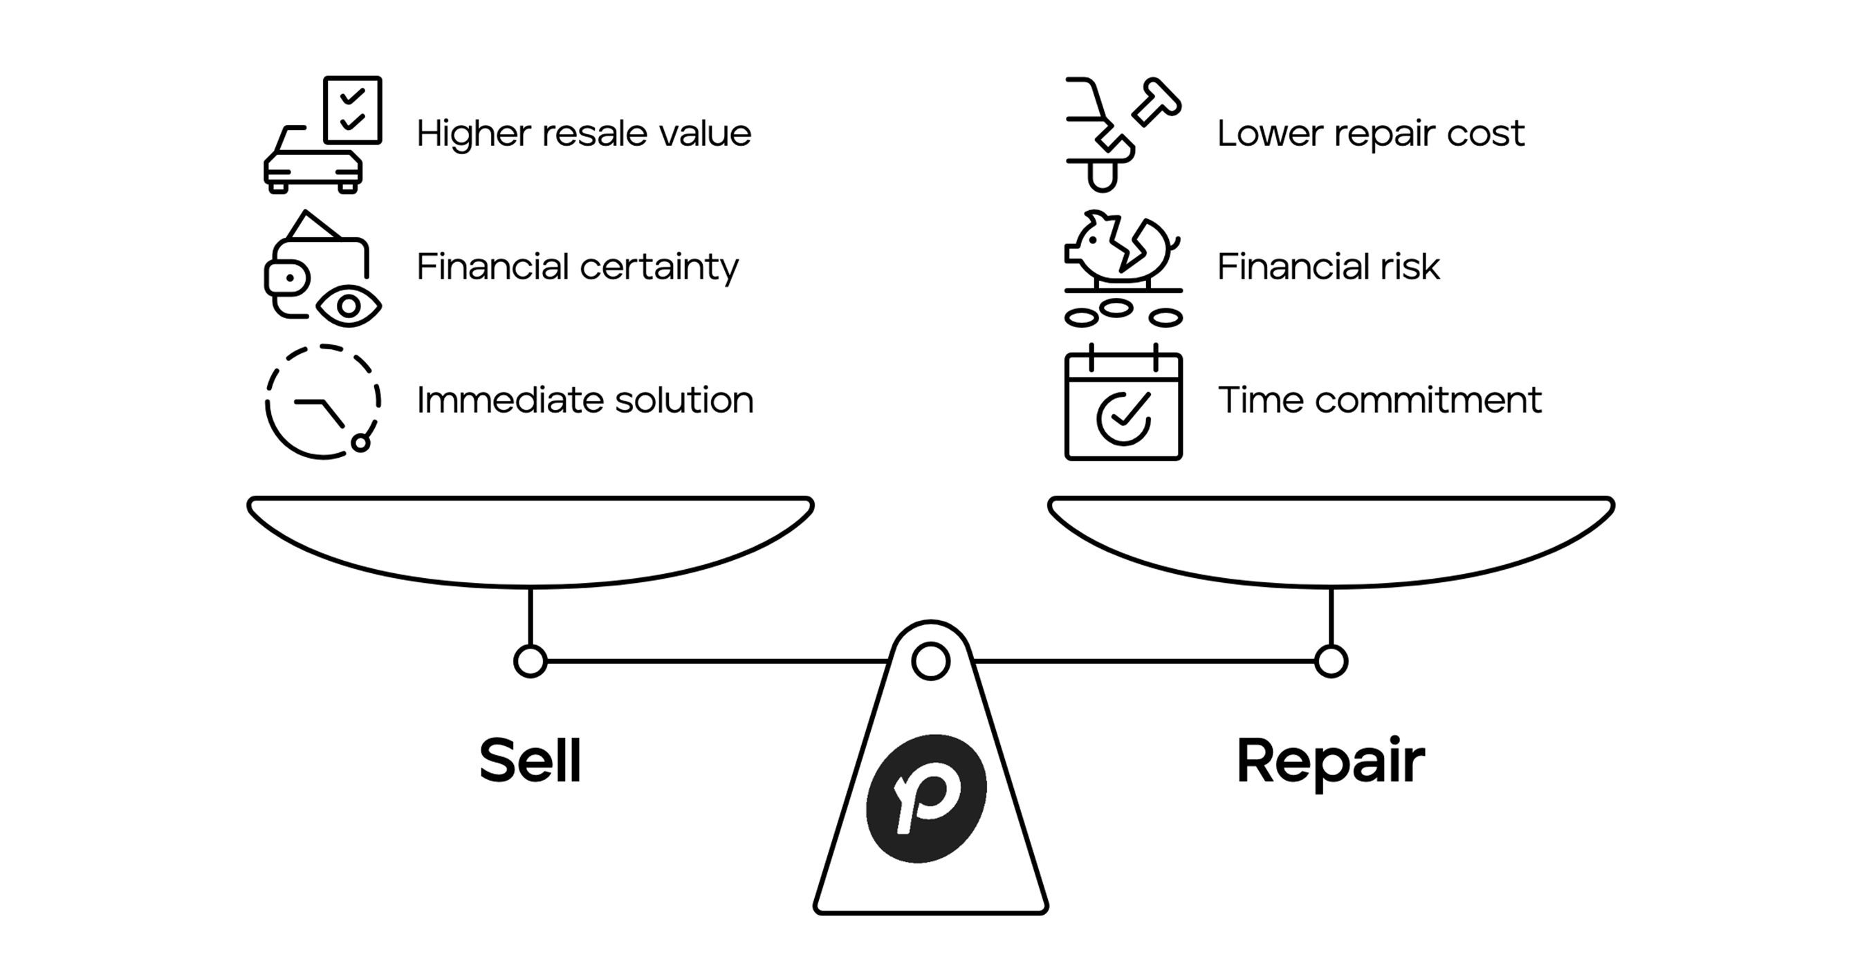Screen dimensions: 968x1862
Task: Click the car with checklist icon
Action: pyautogui.click(x=322, y=135)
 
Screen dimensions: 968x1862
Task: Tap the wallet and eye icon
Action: pyautogui.click(x=322, y=270)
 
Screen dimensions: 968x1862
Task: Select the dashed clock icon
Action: pyautogui.click(x=322, y=402)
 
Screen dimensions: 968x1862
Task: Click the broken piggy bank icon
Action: pyautogui.click(x=1123, y=268)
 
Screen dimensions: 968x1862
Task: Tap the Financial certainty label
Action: pyautogui.click(x=578, y=268)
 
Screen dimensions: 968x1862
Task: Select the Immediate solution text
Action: pyautogui.click(x=584, y=400)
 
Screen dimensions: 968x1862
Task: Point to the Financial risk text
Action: pyautogui.click(x=1328, y=268)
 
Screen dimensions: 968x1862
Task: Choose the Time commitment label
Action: pyautogui.click(x=1379, y=400)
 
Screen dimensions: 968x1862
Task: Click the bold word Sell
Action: pyautogui.click(x=530, y=761)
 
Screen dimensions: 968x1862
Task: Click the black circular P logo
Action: pyautogui.click(x=927, y=798)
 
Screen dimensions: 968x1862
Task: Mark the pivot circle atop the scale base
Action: pyautogui.click(x=930, y=661)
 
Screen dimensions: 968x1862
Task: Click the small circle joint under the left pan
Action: pyautogui.click(x=530, y=661)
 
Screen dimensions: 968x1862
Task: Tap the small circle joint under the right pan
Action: pyautogui.click(x=1331, y=661)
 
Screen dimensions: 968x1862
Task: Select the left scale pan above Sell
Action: pyautogui.click(x=530, y=538)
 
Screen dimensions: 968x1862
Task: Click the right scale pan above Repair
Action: pyautogui.click(x=1331, y=538)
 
